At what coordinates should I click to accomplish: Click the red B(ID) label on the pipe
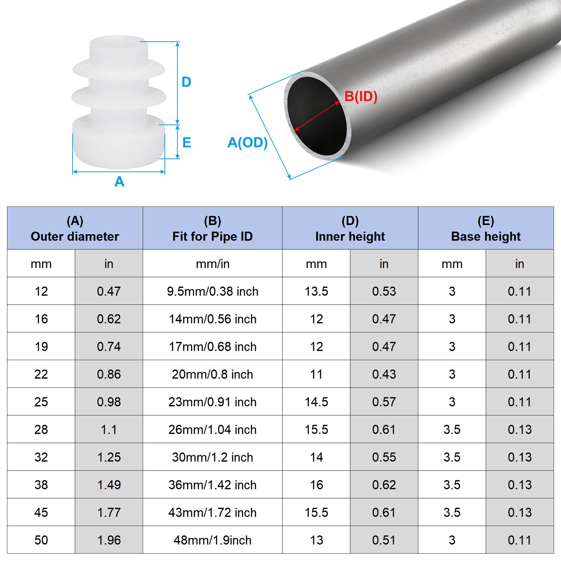coord(360,96)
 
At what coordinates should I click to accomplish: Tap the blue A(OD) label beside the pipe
coord(248,143)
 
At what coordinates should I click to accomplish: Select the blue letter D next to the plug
coord(186,82)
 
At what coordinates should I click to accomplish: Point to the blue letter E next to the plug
coord(187,143)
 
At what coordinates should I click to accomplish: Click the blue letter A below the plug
coord(119,182)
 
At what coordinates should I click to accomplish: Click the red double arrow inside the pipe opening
coord(317,117)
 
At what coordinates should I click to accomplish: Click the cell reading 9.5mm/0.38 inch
coord(212,291)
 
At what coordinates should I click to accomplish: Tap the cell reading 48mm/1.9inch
coord(212,540)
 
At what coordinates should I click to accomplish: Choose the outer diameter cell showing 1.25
coord(109,457)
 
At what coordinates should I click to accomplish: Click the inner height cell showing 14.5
coord(316,402)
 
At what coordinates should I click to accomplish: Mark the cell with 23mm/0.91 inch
coord(212,402)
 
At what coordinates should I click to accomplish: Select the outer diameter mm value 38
coord(41,485)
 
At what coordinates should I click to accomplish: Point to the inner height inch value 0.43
coord(384,374)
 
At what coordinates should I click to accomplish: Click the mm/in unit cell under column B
coord(212,264)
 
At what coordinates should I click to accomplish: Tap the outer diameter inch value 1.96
coord(109,540)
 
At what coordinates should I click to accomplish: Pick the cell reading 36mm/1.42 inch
coord(212,485)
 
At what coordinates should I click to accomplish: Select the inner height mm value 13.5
coord(316,291)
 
